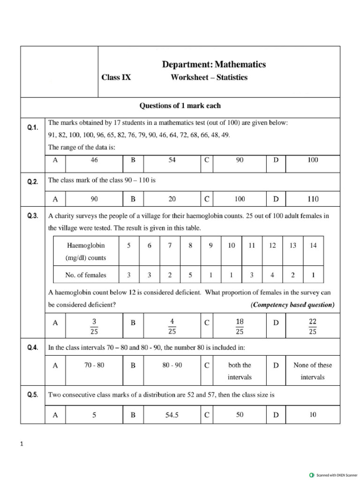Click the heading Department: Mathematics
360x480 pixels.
point(213,65)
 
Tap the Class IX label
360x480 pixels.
point(116,78)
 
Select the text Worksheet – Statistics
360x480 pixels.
point(209,78)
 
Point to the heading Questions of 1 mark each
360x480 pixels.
point(180,106)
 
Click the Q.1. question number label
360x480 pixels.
point(32,127)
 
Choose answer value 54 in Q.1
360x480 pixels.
point(172,160)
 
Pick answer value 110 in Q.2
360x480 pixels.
point(313,199)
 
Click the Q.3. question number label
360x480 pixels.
point(32,216)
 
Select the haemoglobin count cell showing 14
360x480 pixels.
point(313,246)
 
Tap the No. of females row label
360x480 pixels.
point(86,275)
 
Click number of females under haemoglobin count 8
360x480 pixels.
point(190,275)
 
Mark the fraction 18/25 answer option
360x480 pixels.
point(239,325)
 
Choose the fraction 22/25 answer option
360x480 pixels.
point(313,325)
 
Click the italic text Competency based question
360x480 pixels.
point(292,305)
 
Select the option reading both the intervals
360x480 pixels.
point(239,371)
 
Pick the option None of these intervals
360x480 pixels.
point(312,371)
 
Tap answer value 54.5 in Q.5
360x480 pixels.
point(172,415)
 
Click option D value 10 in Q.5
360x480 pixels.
point(313,415)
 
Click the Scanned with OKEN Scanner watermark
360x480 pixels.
point(333,475)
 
